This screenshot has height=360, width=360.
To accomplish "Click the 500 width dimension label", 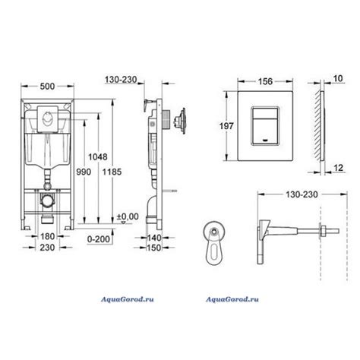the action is pos(47,87).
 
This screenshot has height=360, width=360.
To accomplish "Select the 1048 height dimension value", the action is pos(98,157).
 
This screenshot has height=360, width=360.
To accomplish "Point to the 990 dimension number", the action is pos(84,172).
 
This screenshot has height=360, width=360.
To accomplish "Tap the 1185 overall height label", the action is pos(112,172).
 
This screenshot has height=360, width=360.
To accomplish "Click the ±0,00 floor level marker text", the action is pos(128,216).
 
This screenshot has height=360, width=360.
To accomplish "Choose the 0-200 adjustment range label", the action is pos(99,239).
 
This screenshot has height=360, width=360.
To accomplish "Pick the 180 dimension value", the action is pos(48,236).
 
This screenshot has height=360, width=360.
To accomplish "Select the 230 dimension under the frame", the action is pos(47,248).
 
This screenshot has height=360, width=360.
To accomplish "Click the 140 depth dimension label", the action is pos(154,238).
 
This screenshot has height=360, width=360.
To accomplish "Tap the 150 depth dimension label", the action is pos(154,248).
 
